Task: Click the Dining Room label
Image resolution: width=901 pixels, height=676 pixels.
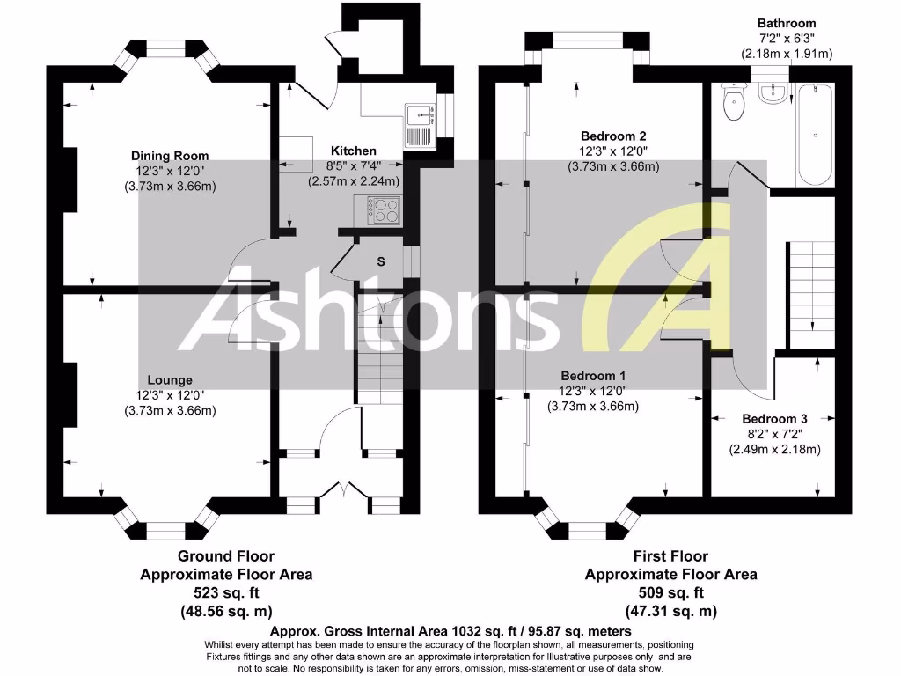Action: pos(171,156)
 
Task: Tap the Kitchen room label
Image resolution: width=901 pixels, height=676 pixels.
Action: pos(353,151)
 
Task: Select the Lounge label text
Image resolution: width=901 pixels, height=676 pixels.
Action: pos(171,380)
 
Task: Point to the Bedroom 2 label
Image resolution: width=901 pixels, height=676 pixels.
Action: pos(613,136)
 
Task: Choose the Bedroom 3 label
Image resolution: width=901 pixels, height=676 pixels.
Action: pos(774,419)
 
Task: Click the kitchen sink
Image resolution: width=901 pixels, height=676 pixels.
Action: pos(419,124)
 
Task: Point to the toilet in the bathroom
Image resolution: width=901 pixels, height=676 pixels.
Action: pos(732,104)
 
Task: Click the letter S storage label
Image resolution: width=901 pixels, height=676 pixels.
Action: pos(381,261)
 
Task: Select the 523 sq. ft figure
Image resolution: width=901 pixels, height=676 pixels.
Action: pos(226,592)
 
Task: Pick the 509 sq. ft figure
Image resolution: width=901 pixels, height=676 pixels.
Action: pos(670,592)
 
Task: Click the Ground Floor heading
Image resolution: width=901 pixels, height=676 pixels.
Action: pos(226,556)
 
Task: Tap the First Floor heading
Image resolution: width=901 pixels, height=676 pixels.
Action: pos(670,556)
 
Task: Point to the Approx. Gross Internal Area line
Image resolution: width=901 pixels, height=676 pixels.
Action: pos(450,631)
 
